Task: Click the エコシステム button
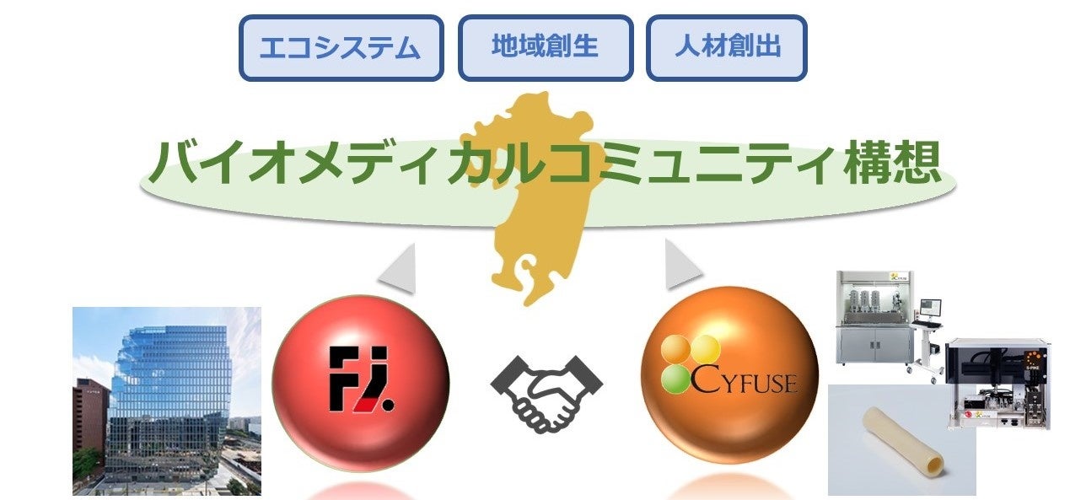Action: (x=341, y=48)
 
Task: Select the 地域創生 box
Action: (x=545, y=47)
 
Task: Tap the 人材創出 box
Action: (x=727, y=47)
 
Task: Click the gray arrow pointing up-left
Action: (x=398, y=269)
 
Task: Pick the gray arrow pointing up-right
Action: (x=680, y=266)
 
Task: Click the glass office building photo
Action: (x=167, y=401)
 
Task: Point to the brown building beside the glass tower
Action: (x=90, y=417)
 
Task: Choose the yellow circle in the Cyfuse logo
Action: (x=705, y=348)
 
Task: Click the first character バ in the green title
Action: (x=174, y=162)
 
